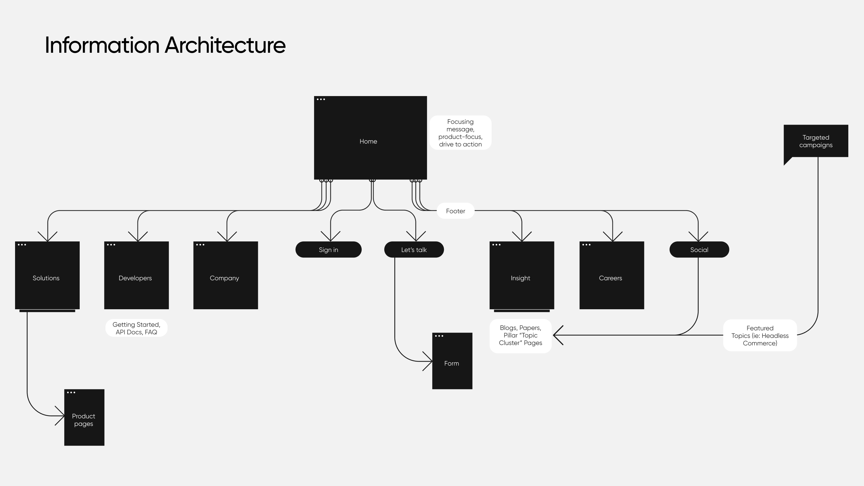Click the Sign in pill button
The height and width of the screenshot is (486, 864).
(328, 250)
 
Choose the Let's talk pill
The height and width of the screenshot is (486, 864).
(414, 250)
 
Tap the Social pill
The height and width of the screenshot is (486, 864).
(699, 250)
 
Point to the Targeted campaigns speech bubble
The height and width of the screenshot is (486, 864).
(816, 141)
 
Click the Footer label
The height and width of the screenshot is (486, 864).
(456, 211)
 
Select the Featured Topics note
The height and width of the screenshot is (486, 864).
(760, 335)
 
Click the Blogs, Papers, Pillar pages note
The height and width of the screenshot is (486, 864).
(520, 335)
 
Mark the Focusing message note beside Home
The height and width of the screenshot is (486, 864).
(460, 133)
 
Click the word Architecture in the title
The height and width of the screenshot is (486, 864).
(225, 45)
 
